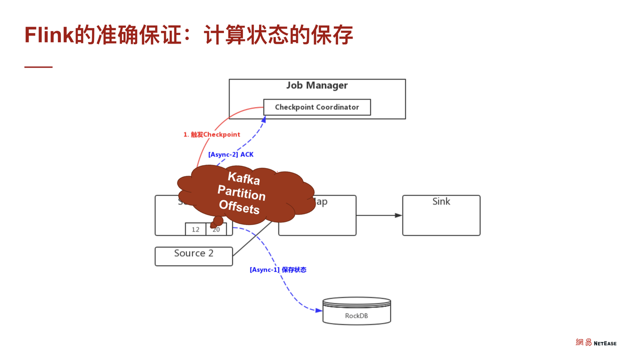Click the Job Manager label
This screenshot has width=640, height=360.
[x=317, y=85]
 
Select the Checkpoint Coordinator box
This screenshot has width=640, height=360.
[x=317, y=107]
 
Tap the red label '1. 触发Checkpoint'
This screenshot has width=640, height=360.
[x=211, y=134]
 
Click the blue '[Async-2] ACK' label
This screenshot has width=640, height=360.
[x=230, y=154]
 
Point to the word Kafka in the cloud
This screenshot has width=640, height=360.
[x=243, y=178]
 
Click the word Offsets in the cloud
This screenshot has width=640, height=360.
[x=239, y=206]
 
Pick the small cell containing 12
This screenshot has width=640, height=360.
[x=195, y=229]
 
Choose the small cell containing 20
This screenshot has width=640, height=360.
[x=216, y=229]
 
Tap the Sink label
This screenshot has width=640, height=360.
[x=441, y=201]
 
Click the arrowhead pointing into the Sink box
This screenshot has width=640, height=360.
[x=398, y=215]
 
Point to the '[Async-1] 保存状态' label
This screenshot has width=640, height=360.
[x=277, y=270]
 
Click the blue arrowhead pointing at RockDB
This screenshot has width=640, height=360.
[x=319, y=310]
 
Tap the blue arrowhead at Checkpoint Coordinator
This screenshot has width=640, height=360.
[x=264, y=119]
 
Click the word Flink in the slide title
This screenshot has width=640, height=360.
[x=49, y=35]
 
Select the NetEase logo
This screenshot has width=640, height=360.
[x=596, y=342]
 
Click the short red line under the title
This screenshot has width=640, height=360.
[x=38, y=67]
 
